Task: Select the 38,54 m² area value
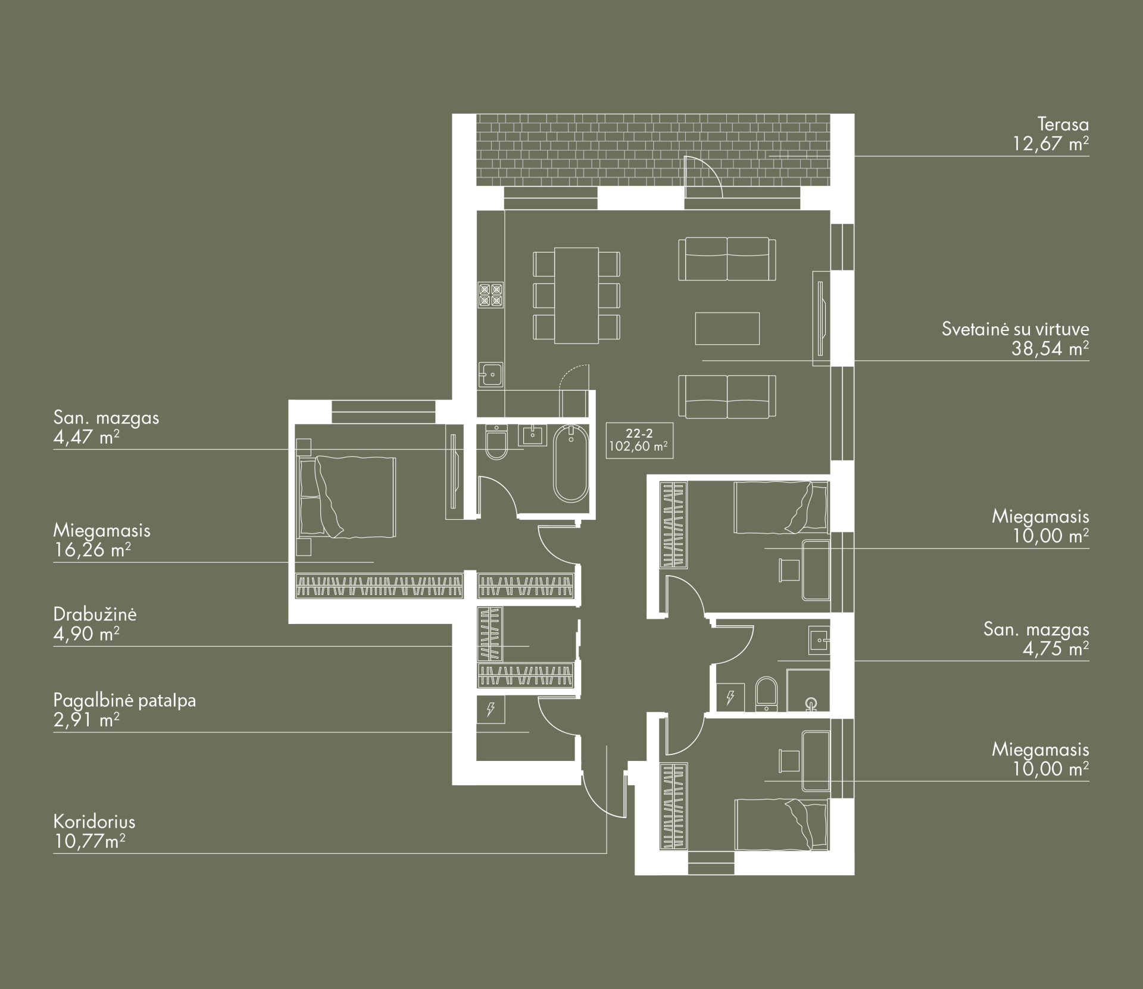(x=1050, y=349)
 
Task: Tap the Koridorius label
(x=94, y=822)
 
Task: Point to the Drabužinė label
(x=95, y=614)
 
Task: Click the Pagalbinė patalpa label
(x=124, y=700)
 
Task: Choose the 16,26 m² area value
(x=92, y=550)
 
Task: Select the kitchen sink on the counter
(x=491, y=375)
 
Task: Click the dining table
(x=576, y=296)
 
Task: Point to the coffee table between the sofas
(x=727, y=329)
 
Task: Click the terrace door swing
(x=703, y=176)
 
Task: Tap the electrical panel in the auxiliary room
(x=491, y=709)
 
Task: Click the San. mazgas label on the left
(x=107, y=417)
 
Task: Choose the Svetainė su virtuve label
(x=1016, y=329)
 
